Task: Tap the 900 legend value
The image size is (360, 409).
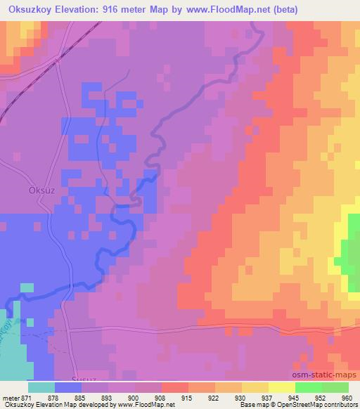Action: (135, 398)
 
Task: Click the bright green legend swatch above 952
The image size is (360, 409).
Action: (309, 387)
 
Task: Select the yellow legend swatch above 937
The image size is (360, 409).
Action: (255, 387)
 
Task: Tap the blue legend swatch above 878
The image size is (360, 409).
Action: (68, 387)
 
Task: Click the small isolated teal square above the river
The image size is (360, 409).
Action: (27, 287)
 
